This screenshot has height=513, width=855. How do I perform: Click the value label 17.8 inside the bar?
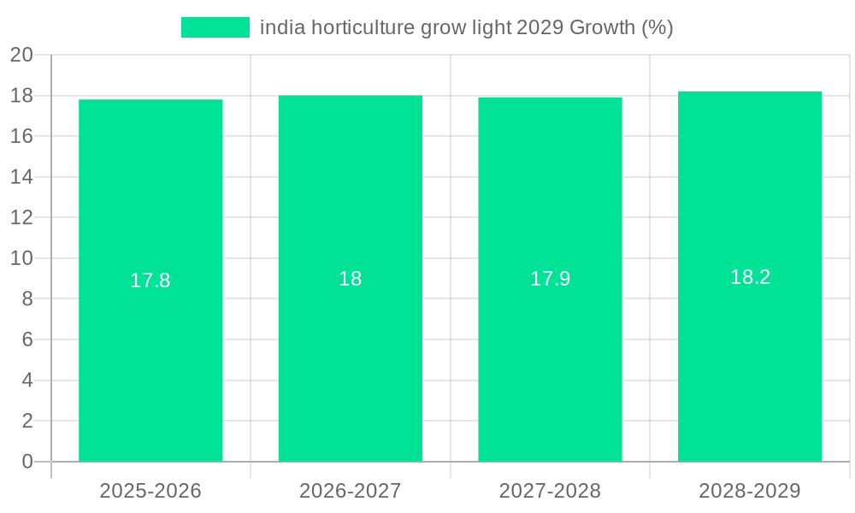[150, 280]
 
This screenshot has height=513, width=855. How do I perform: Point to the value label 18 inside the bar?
[351, 279]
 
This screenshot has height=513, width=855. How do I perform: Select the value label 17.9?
[550, 279]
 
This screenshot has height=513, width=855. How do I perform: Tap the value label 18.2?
[750, 277]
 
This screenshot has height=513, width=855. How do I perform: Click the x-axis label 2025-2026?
[150, 491]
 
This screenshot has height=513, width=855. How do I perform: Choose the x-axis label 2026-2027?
[351, 491]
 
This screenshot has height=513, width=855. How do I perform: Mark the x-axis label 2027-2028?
[550, 491]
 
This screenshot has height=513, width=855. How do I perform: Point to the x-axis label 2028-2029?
[750, 491]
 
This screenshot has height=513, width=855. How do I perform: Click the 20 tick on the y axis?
[21, 55]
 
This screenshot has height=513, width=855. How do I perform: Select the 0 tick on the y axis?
[27, 462]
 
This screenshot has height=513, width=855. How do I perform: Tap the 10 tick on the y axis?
[21, 258]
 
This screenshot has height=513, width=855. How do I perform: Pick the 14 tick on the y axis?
[21, 177]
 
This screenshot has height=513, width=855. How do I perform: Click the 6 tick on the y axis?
[27, 339]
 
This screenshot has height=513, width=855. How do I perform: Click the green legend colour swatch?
[215, 27]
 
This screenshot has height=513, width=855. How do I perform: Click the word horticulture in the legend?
[363, 27]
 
